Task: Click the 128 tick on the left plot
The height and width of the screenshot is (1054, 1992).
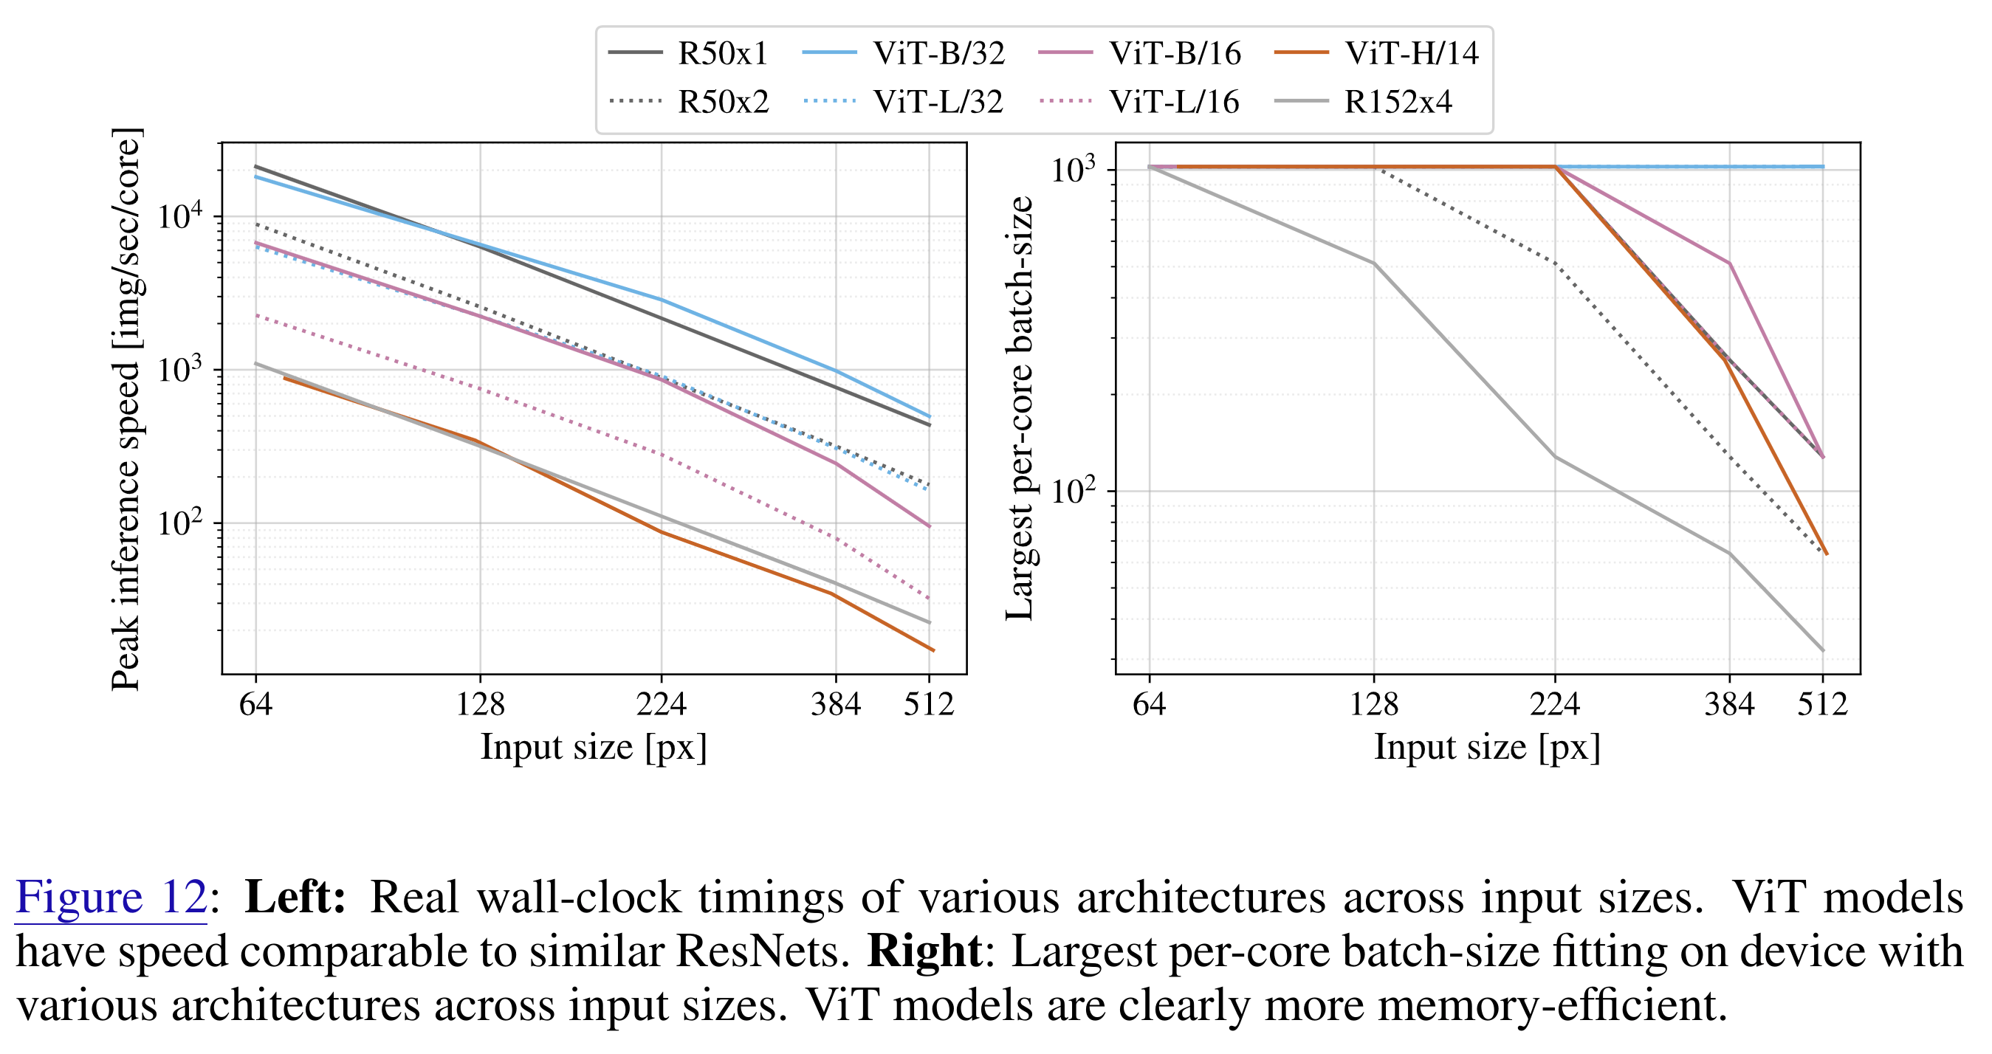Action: click(x=480, y=704)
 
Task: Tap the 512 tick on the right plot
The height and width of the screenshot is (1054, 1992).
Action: click(x=1822, y=704)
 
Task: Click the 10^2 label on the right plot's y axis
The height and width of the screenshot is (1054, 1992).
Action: click(x=1075, y=490)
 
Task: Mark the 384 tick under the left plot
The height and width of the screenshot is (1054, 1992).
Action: click(x=835, y=704)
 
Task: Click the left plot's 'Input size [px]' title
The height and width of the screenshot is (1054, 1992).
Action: click(x=593, y=748)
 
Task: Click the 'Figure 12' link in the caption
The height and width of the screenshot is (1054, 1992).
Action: click(x=111, y=897)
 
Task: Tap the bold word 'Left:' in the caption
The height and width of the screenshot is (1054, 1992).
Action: click(x=295, y=897)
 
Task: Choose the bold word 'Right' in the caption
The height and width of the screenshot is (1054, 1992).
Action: click(x=924, y=951)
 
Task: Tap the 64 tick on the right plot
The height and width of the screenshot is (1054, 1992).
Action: click(x=1148, y=704)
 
